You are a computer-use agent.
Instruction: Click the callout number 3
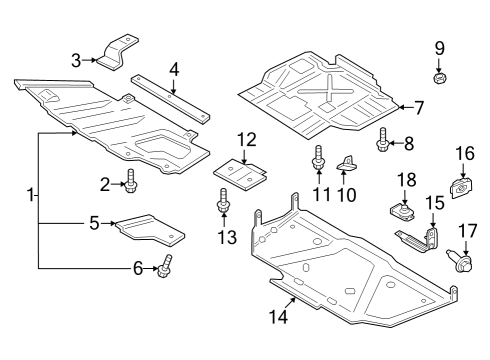coord(76,60)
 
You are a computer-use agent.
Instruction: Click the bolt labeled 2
coord(131,183)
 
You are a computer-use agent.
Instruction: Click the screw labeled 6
coord(164,267)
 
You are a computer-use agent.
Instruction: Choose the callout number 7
coord(419,105)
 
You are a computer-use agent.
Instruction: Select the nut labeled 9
coord(438,76)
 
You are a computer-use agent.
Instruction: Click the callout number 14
coord(277,317)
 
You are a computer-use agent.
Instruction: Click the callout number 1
coord(31,194)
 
